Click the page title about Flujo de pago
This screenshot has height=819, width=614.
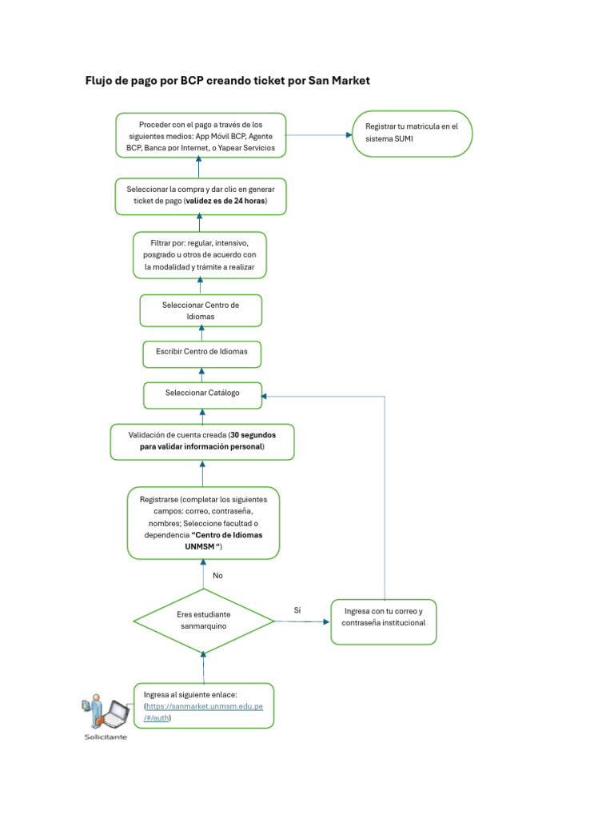[x=227, y=81]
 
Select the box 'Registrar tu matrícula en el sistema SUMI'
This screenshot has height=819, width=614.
[x=413, y=133]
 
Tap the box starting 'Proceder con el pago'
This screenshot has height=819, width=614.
[x=201, y=136]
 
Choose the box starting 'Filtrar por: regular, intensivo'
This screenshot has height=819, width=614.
[x=200, y=254]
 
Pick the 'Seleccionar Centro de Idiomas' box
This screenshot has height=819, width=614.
[x=201, y=310]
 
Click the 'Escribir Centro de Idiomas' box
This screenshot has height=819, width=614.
[x=201, y=352]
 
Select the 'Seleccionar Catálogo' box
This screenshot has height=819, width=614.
[x=202, y=394]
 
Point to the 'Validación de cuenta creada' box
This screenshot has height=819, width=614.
[x=201, y=441]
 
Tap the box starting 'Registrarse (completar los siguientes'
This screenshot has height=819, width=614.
[x=203, y=522]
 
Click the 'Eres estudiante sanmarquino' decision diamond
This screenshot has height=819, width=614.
[x=203, y=620]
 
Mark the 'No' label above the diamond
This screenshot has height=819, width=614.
[x=217, y=575]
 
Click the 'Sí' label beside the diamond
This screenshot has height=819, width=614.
[x=297, y=610]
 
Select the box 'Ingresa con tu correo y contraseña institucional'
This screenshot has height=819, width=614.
[x=384, y=621]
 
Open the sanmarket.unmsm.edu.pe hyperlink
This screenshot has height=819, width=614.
[x=209, y=707]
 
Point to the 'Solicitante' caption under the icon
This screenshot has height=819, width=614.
[x=106, y=737]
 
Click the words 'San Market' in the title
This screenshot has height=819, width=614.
[x=339, y=81]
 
